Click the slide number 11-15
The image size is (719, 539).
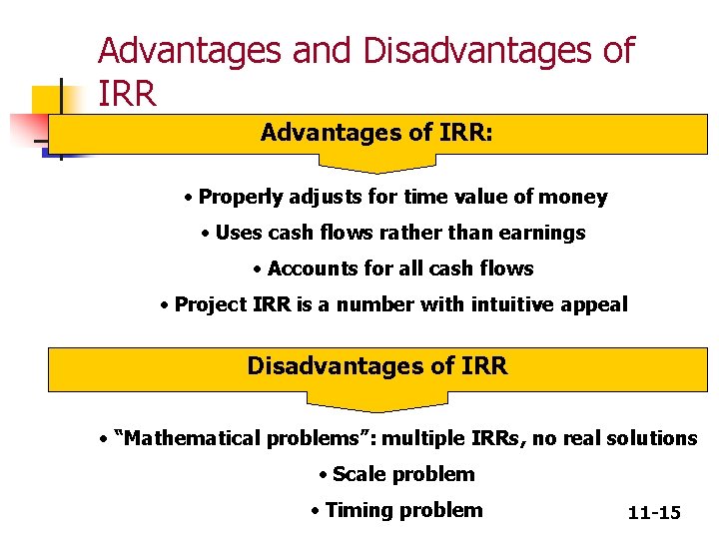pyautogui.click(x=654, y=513)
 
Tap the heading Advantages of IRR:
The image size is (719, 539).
pyautogui.click(x=376, y=132)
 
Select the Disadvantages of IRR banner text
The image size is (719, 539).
pyautogui.click(x=377, y=366)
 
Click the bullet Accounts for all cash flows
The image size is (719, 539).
pyautogui.click(x=393, y=269)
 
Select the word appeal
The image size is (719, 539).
pyautogui.click(x=597, y=304)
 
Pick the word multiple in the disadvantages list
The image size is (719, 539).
pyautogui.click(x=419, y=438)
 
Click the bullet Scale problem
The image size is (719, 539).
pyautogui.click(x=396, y=474)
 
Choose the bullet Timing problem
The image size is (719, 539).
pyautogui.click(x=396, y=510)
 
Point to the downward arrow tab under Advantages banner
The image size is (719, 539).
pyautogui.click(x=376, y=162)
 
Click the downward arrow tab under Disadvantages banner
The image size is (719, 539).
pyautogui.click(x=376, y=401)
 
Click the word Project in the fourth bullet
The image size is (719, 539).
pyautogui.click(x=210, y=304)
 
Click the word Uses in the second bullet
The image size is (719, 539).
pyautogui.click(x=238, y=233)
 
